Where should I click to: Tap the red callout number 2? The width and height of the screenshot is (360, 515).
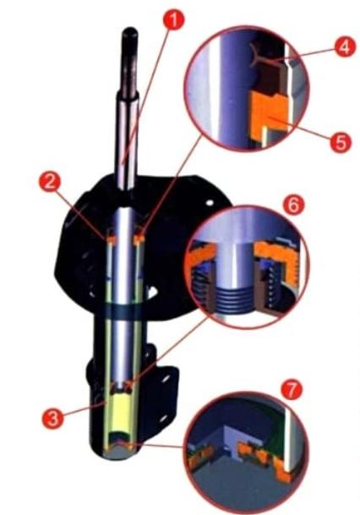click(x=50, y=182)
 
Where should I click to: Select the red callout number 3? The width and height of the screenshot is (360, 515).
click(x=52, y=418)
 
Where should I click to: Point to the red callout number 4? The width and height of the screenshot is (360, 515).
click(x=345, y=46)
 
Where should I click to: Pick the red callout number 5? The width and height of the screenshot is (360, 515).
click(x=341, y=142)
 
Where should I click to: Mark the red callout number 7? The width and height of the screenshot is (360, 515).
click(x=292, y=389)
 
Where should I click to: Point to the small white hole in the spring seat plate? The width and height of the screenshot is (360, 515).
click(x=210, y=203)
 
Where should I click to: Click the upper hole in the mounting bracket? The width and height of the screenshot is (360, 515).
click(x=164, y=378)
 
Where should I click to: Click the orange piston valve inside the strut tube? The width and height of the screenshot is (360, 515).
click(x=122, y=386)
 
